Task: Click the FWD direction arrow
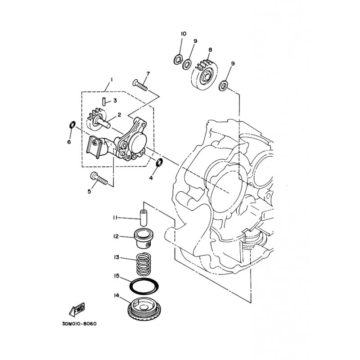click(x=77, y=309)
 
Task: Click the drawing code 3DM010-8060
click(x=79, y=324)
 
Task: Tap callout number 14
click(x=117, y=296)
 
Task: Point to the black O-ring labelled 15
click(x=144, y=286)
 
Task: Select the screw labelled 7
click(x=140, y=85)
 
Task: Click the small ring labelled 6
click(x=72, y=125)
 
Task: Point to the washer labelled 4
click(x=159, y=162)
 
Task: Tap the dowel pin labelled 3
click(x=104, y=102)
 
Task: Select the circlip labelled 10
click(x=177, y=59)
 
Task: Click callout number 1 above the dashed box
click(x=111, y=80)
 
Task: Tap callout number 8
click(x=210, y=50)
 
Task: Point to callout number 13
click(x=117, y=257)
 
